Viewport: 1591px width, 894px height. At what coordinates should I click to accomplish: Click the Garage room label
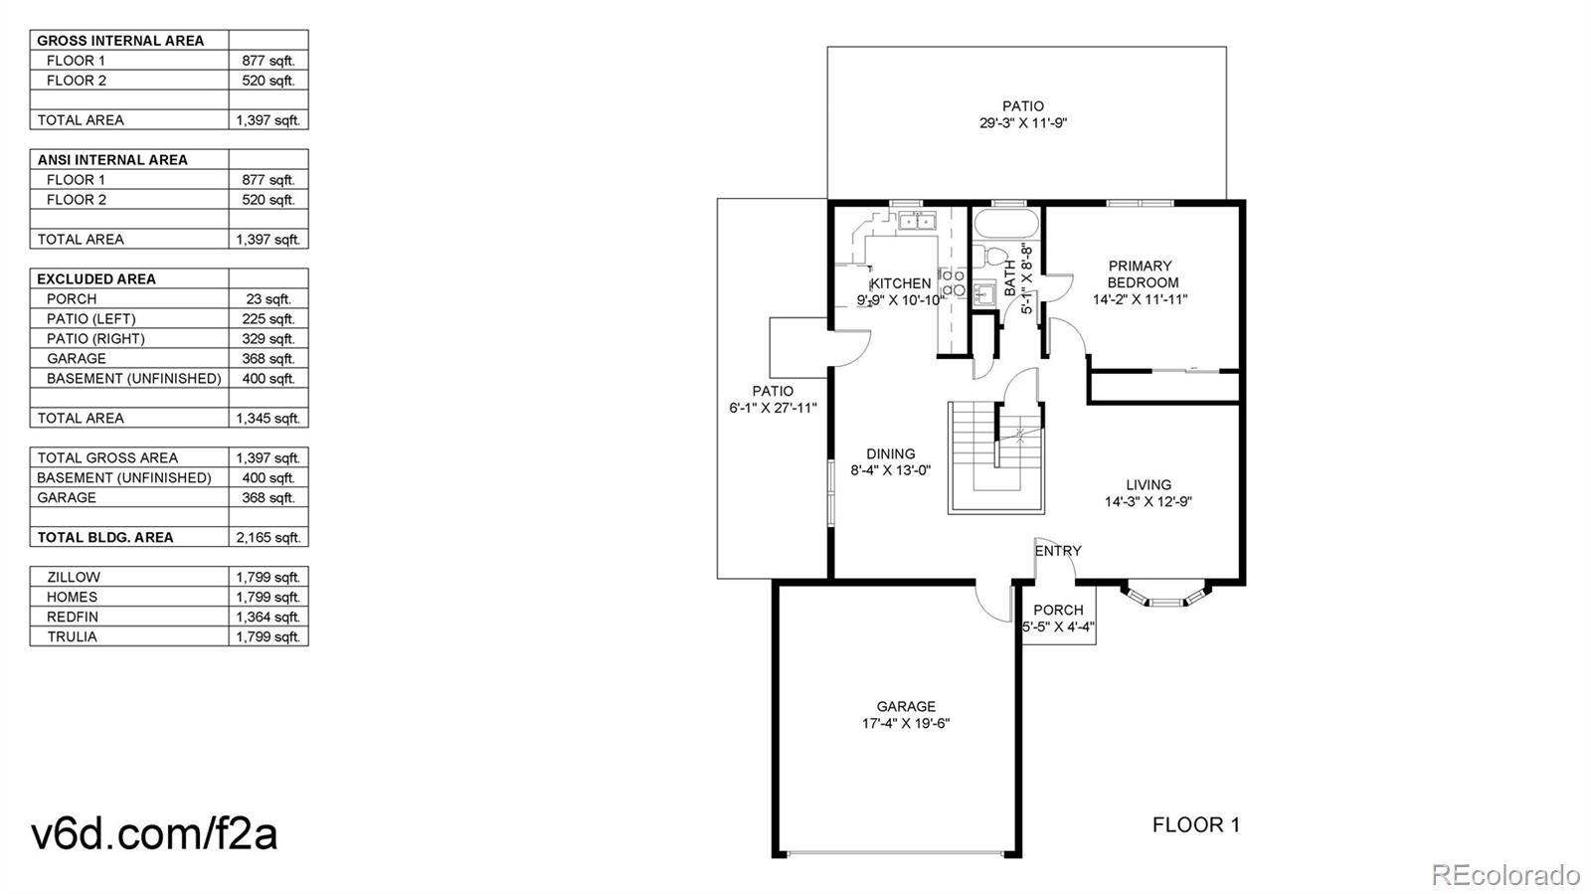point(906,706)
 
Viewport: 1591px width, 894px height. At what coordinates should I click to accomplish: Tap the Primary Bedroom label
point(1140,274)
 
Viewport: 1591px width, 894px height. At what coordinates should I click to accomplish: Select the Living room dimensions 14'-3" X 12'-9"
point(1148,502)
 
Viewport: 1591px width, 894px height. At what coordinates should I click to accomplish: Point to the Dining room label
point(891,453)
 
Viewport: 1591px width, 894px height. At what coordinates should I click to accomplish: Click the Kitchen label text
point(901,283)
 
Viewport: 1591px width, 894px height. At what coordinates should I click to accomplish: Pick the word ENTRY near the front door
point(1058,551)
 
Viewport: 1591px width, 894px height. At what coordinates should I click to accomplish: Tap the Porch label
point(1058,610)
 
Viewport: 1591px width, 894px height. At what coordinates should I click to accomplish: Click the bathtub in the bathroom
point(1005,224)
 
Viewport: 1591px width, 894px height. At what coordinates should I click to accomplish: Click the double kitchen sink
point(918,222)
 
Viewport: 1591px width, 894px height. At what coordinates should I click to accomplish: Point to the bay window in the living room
point(1165,595)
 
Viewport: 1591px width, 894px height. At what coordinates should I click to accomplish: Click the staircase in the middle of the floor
point(995,457)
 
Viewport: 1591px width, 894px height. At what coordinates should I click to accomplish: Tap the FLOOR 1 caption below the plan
point(1196,825)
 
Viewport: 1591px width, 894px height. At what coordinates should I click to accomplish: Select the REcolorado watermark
point(1505,873)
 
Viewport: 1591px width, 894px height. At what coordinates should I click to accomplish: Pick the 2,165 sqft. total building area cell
point(268,538)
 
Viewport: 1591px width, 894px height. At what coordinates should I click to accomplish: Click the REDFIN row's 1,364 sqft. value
point(268,618)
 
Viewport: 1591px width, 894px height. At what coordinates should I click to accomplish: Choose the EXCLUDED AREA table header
point(96,279)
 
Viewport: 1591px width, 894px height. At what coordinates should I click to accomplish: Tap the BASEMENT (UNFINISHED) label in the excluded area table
point(134,379)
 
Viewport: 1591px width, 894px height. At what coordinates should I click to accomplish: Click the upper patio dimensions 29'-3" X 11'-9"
point(1023,123)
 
